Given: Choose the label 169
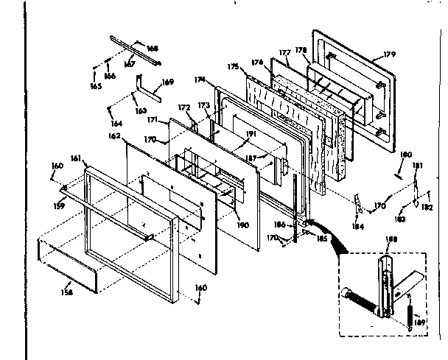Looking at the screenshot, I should [x=168, y=82].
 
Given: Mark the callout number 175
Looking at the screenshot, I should [x=234, y=67].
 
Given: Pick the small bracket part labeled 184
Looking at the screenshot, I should [x=357, y=203].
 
